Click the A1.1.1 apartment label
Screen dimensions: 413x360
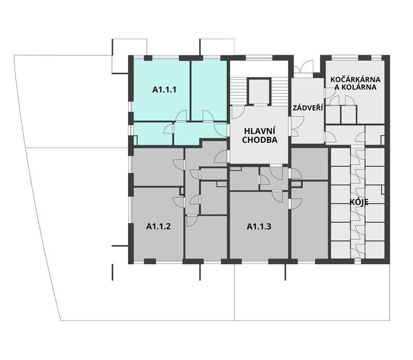pyautogui.click(x=164, y=90)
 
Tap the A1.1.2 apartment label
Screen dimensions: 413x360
pyautogui.click(x=158, y=226)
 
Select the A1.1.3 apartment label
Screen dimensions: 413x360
pyautogui.click(x=259, y=226)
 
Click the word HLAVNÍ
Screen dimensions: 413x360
pyautogui.click(x=260, y=131)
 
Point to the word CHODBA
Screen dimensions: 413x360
pyautogui.click(x=260, y=140)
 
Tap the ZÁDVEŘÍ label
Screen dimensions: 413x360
pyautogui.click(x=308, y=108)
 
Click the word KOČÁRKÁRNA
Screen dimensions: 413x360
pyautogui.click(x=355, y=79)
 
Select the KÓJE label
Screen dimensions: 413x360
pyautogui.click(x=359, y=202)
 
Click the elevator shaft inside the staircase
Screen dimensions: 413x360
pyautogui.click(x=259, y=92)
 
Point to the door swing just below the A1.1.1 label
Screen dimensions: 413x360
pyautogui.click(x=181, y=116)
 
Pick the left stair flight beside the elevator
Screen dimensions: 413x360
pyautogui.click(x=239, y=91)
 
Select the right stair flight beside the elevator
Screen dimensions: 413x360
pyautogui.click(x=279, y=91)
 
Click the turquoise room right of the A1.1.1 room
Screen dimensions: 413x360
pyautogui.click(x=209, y=90)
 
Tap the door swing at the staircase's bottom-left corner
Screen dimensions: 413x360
pyautogui.click(x=238, y=112)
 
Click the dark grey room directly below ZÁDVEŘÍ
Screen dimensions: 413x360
pyautogui.click(x=309, y=163)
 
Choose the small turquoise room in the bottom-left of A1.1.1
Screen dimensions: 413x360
pyautogui.click(x=153, y=134)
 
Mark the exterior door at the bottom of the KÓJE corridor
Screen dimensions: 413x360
pyautogui.click(x=358, y=261)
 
